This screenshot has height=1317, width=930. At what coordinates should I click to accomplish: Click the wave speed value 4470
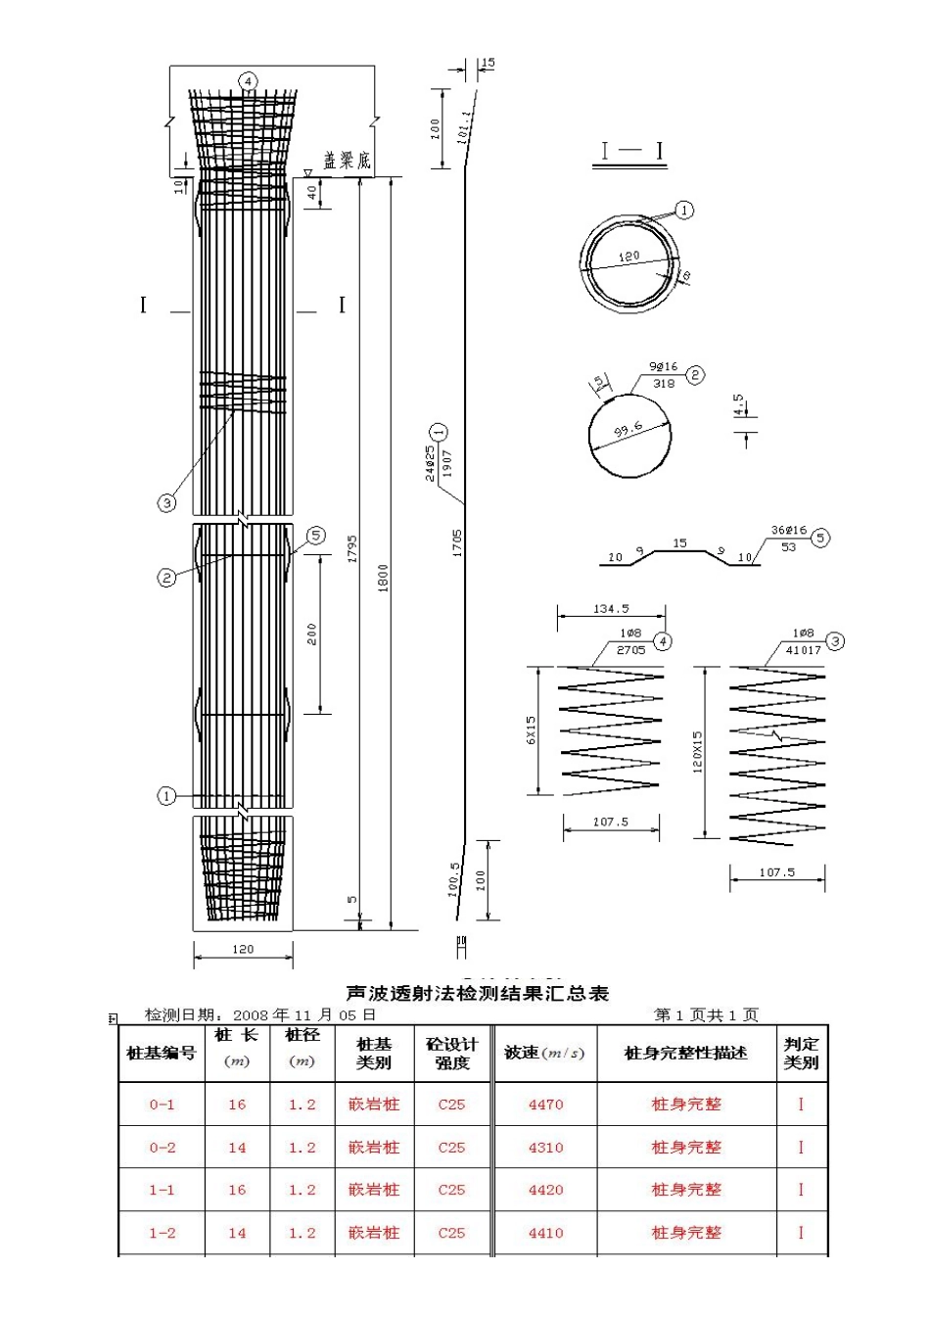click(545, 1105)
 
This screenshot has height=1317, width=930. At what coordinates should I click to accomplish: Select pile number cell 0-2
click(162, 1148)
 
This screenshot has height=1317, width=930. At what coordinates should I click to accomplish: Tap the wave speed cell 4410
click(545, 1233)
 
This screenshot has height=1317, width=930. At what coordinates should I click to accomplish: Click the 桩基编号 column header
click(162, 1054)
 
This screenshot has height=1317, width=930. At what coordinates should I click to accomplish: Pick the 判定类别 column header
click(801, 1054)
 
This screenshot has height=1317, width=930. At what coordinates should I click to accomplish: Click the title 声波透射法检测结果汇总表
click(479, 993)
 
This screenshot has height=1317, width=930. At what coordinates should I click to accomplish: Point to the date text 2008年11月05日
click(304, 1015)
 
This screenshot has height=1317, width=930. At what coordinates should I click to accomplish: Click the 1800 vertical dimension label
click(384, 578)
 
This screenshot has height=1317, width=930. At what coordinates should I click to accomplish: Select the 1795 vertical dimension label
click(352, 548)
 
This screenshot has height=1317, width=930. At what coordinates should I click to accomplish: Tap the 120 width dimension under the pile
click(243, 949)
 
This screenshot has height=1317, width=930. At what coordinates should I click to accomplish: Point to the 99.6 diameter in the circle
click(628, 430)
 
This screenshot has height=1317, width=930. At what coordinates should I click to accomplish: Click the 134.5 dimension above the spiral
click(611, 609)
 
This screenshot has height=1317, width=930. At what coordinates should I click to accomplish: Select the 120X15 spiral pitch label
click(698, 752)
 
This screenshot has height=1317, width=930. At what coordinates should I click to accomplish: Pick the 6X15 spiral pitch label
click(532, 730)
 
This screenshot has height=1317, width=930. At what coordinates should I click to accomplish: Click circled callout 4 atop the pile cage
click(249, 80)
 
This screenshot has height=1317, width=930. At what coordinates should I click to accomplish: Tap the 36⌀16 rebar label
click(788, 530)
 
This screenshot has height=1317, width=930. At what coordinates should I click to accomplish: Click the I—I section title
click(631, 151)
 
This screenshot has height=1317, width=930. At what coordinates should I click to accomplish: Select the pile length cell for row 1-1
click(237, 1191)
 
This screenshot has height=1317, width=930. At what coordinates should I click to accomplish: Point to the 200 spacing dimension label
click(312, 635)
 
